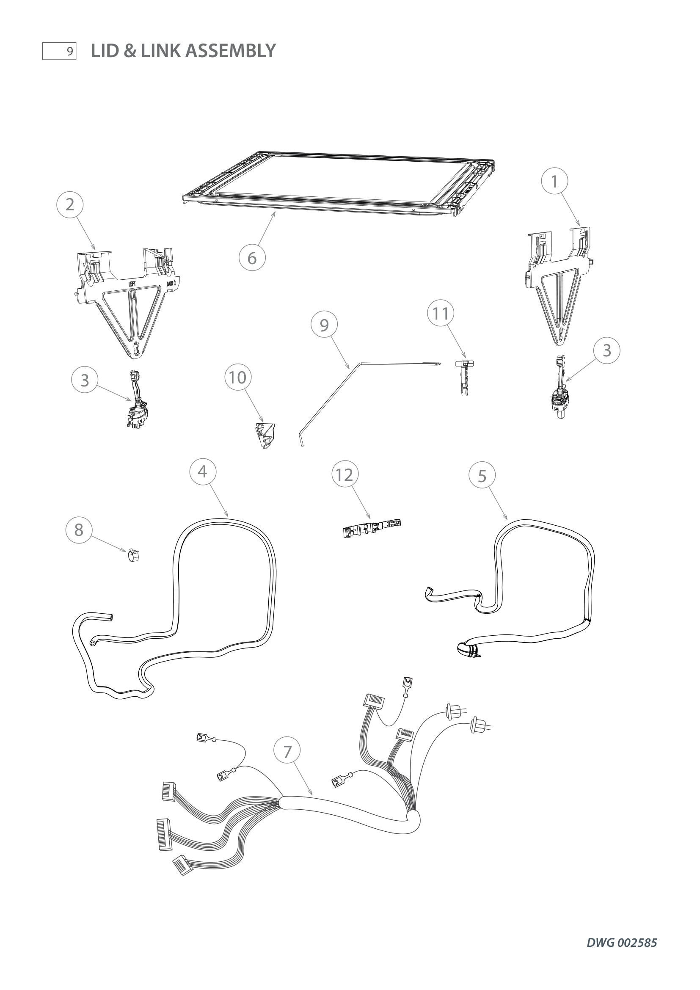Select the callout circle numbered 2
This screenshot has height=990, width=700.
click(70, 204)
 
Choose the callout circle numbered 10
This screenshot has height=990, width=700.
click(237, 377)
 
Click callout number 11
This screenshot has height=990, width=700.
click(441, 314)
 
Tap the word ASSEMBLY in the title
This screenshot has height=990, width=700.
click(231, 51)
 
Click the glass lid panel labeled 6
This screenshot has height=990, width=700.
click(341, 181)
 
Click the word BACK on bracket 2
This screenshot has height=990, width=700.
click(171, 284)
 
